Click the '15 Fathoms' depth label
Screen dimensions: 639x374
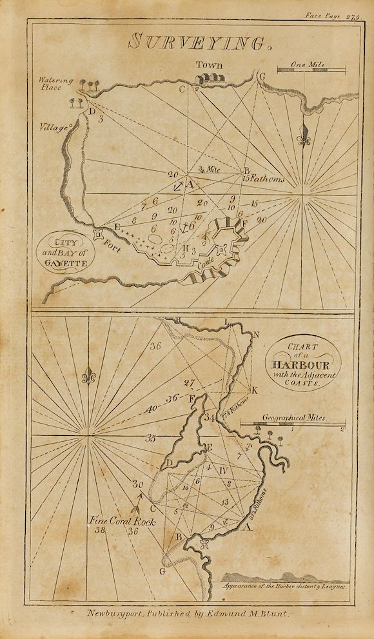click(264, 179)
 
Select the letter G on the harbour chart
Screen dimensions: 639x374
click(162, 571)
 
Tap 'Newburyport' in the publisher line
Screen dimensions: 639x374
click(116, 614)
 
